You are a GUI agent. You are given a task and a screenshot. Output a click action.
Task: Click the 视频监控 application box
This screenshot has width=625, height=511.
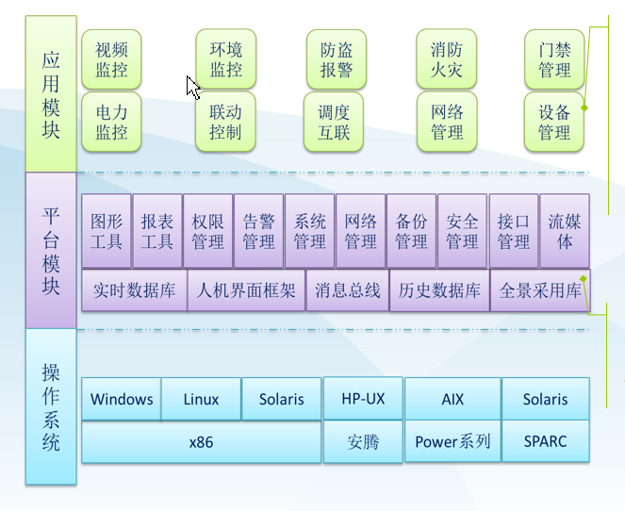click(x=111, y=58)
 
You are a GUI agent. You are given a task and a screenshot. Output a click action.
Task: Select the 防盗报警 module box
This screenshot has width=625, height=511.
click(x=336, y=58)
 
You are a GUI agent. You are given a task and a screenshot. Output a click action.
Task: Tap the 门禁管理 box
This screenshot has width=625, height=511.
click(x=554, y=58)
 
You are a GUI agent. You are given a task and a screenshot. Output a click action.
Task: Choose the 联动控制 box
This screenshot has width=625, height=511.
click(x=225, y=122)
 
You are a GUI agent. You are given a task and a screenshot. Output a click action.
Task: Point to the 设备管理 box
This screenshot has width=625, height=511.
click(x=554, y=122)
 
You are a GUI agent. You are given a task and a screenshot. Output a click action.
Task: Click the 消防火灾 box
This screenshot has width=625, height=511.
click(x=446, y=58)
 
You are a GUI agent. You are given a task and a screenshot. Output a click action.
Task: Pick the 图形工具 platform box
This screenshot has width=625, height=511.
click(x=107, y=231)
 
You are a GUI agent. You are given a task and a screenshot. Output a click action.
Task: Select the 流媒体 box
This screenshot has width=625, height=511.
click(x=565, y=231)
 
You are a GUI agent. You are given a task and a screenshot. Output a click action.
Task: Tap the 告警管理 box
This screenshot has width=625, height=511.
click(x=258, y=231)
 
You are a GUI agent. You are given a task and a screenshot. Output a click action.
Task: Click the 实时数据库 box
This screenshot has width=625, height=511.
click(x=134, y=290)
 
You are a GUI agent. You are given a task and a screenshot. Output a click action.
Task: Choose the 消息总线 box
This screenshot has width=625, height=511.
click(x=346, y=290)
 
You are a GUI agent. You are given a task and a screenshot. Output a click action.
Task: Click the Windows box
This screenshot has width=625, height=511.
click(x=122, y=399)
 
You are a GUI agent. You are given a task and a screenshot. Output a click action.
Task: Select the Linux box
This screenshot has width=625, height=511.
click(x=201, y=399)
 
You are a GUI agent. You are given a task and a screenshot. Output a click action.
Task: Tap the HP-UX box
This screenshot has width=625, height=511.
click(x=363, y=398)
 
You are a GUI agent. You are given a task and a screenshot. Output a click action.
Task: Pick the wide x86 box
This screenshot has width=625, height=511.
click(x=201, y=441)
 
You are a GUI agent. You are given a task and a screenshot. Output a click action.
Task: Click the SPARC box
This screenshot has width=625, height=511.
click(x=545, y=441)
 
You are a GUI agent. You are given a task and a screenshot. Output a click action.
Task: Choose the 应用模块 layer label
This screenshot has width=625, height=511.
click(x=51, y=94)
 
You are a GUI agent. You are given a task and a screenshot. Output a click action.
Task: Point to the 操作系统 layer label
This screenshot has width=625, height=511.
click(x=51, y=405)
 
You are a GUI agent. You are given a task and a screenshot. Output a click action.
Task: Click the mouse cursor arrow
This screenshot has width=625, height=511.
click(x=192, y=87)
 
